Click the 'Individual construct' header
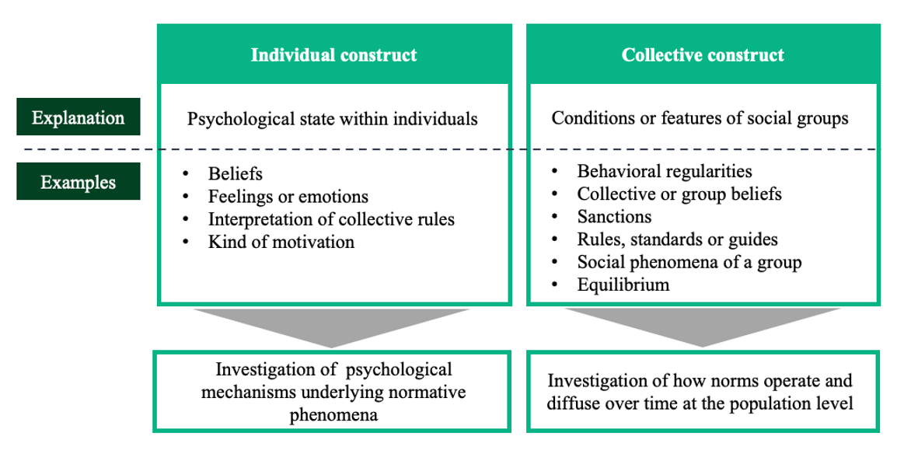pos(334,55)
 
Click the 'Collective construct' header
pos(703,55)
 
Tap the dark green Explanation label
pos(79,117)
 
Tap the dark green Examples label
pos(79,182)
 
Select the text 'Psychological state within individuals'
pos(333,119)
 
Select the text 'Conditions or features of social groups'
pos(700,118)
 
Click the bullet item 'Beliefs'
pos(235,174)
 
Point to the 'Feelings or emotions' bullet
pos(288,197)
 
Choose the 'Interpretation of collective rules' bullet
pos(331,219)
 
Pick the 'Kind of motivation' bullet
pos(281,242)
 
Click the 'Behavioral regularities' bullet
pos(664,171)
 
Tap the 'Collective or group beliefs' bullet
pos(679,194)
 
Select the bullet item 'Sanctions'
pos(614,217)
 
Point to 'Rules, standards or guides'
pos(677,239)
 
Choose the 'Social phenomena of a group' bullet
pos(689,263)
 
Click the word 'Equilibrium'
pos(623,285)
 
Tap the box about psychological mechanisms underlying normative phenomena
pos(332,392)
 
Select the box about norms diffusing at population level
pos(703,392)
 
